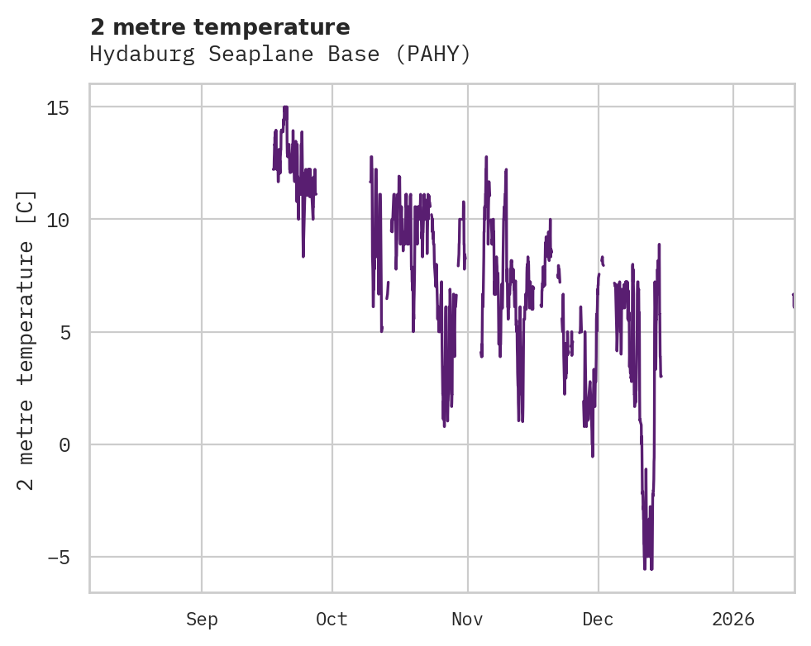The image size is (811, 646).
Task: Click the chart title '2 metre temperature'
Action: pos(220,27)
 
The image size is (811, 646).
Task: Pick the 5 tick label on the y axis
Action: pos(64,332)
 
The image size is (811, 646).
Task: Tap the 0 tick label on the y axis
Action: pos(64,444)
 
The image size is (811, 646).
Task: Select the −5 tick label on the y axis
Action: pos(58,558)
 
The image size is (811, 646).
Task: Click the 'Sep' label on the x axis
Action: pos(202,620)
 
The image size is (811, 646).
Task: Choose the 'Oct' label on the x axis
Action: pos(332,620)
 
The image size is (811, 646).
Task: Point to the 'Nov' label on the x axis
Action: pos(467,620)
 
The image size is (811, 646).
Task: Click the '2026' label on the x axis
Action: pos(733,620)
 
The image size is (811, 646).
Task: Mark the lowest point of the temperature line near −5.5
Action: pos(645,568)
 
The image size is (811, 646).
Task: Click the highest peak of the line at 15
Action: pos(285,107)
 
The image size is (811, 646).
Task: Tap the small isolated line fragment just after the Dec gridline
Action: pos(603,261)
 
